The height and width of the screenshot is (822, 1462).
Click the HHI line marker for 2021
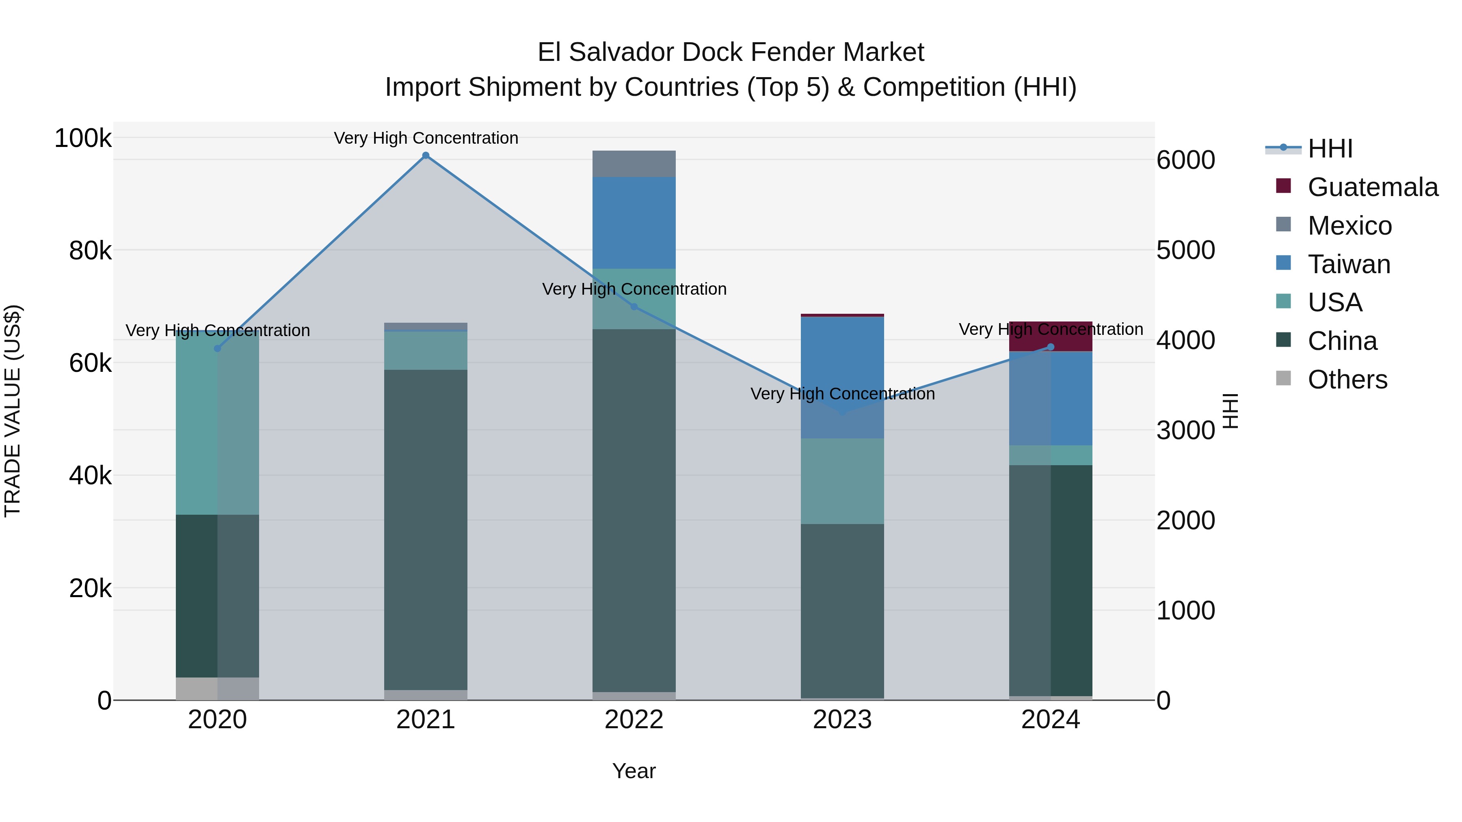(x=426, y=155)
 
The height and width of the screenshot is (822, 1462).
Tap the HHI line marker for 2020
(x=217, y=348)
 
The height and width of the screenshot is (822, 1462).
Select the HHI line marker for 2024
(x=1051, y=347)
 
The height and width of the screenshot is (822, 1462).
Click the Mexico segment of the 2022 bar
(x=634, y=164)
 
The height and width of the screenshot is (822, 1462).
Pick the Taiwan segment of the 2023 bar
(x=842, y=377)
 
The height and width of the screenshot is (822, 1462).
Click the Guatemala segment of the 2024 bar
(x=1051, y=336)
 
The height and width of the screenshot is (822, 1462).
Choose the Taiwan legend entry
(x=1348, y=264)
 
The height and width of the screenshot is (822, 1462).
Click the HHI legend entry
(x=1330, y=149)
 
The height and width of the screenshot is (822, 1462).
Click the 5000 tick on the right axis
(x=1185, y=250)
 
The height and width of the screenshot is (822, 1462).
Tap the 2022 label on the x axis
(x=634, y=720)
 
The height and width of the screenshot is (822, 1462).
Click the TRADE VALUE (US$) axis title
(x=13, y=411)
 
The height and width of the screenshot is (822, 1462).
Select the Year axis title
(x=634, y=771)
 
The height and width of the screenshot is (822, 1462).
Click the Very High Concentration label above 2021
(x=426, y=138)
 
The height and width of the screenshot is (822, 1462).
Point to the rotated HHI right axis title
(x=1229, y=411)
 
